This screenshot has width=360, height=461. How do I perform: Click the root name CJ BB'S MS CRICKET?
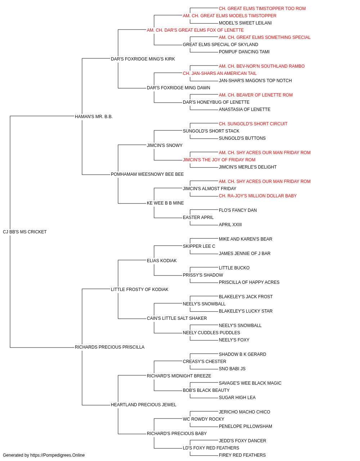24,232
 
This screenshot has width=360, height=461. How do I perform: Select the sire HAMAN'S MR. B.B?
94,117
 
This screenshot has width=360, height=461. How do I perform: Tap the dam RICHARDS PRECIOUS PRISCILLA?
109,347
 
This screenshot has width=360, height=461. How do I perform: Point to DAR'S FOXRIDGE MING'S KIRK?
143,59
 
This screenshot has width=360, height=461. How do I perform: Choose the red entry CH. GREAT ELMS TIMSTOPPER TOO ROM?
262,9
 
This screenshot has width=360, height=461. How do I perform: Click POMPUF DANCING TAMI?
244,52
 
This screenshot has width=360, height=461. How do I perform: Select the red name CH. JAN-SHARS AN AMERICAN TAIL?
220,73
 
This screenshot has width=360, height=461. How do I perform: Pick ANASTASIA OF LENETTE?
245,109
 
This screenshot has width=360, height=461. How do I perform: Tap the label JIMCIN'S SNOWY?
165,146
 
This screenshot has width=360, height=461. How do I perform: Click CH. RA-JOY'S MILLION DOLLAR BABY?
258,196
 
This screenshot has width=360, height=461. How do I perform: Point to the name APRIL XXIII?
230,225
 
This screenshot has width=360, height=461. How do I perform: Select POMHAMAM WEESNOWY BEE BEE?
147,174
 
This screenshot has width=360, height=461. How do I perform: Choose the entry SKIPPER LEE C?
199,246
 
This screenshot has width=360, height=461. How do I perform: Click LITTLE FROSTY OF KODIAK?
140,290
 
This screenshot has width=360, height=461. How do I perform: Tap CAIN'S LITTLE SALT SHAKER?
177,318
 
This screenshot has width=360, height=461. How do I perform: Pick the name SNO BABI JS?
232,369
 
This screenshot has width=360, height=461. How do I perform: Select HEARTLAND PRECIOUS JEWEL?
144,405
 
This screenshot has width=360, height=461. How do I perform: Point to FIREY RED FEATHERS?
242,455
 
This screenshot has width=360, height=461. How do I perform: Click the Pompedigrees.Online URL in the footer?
58,455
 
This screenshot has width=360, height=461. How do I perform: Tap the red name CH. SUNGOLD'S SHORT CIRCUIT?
253,124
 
